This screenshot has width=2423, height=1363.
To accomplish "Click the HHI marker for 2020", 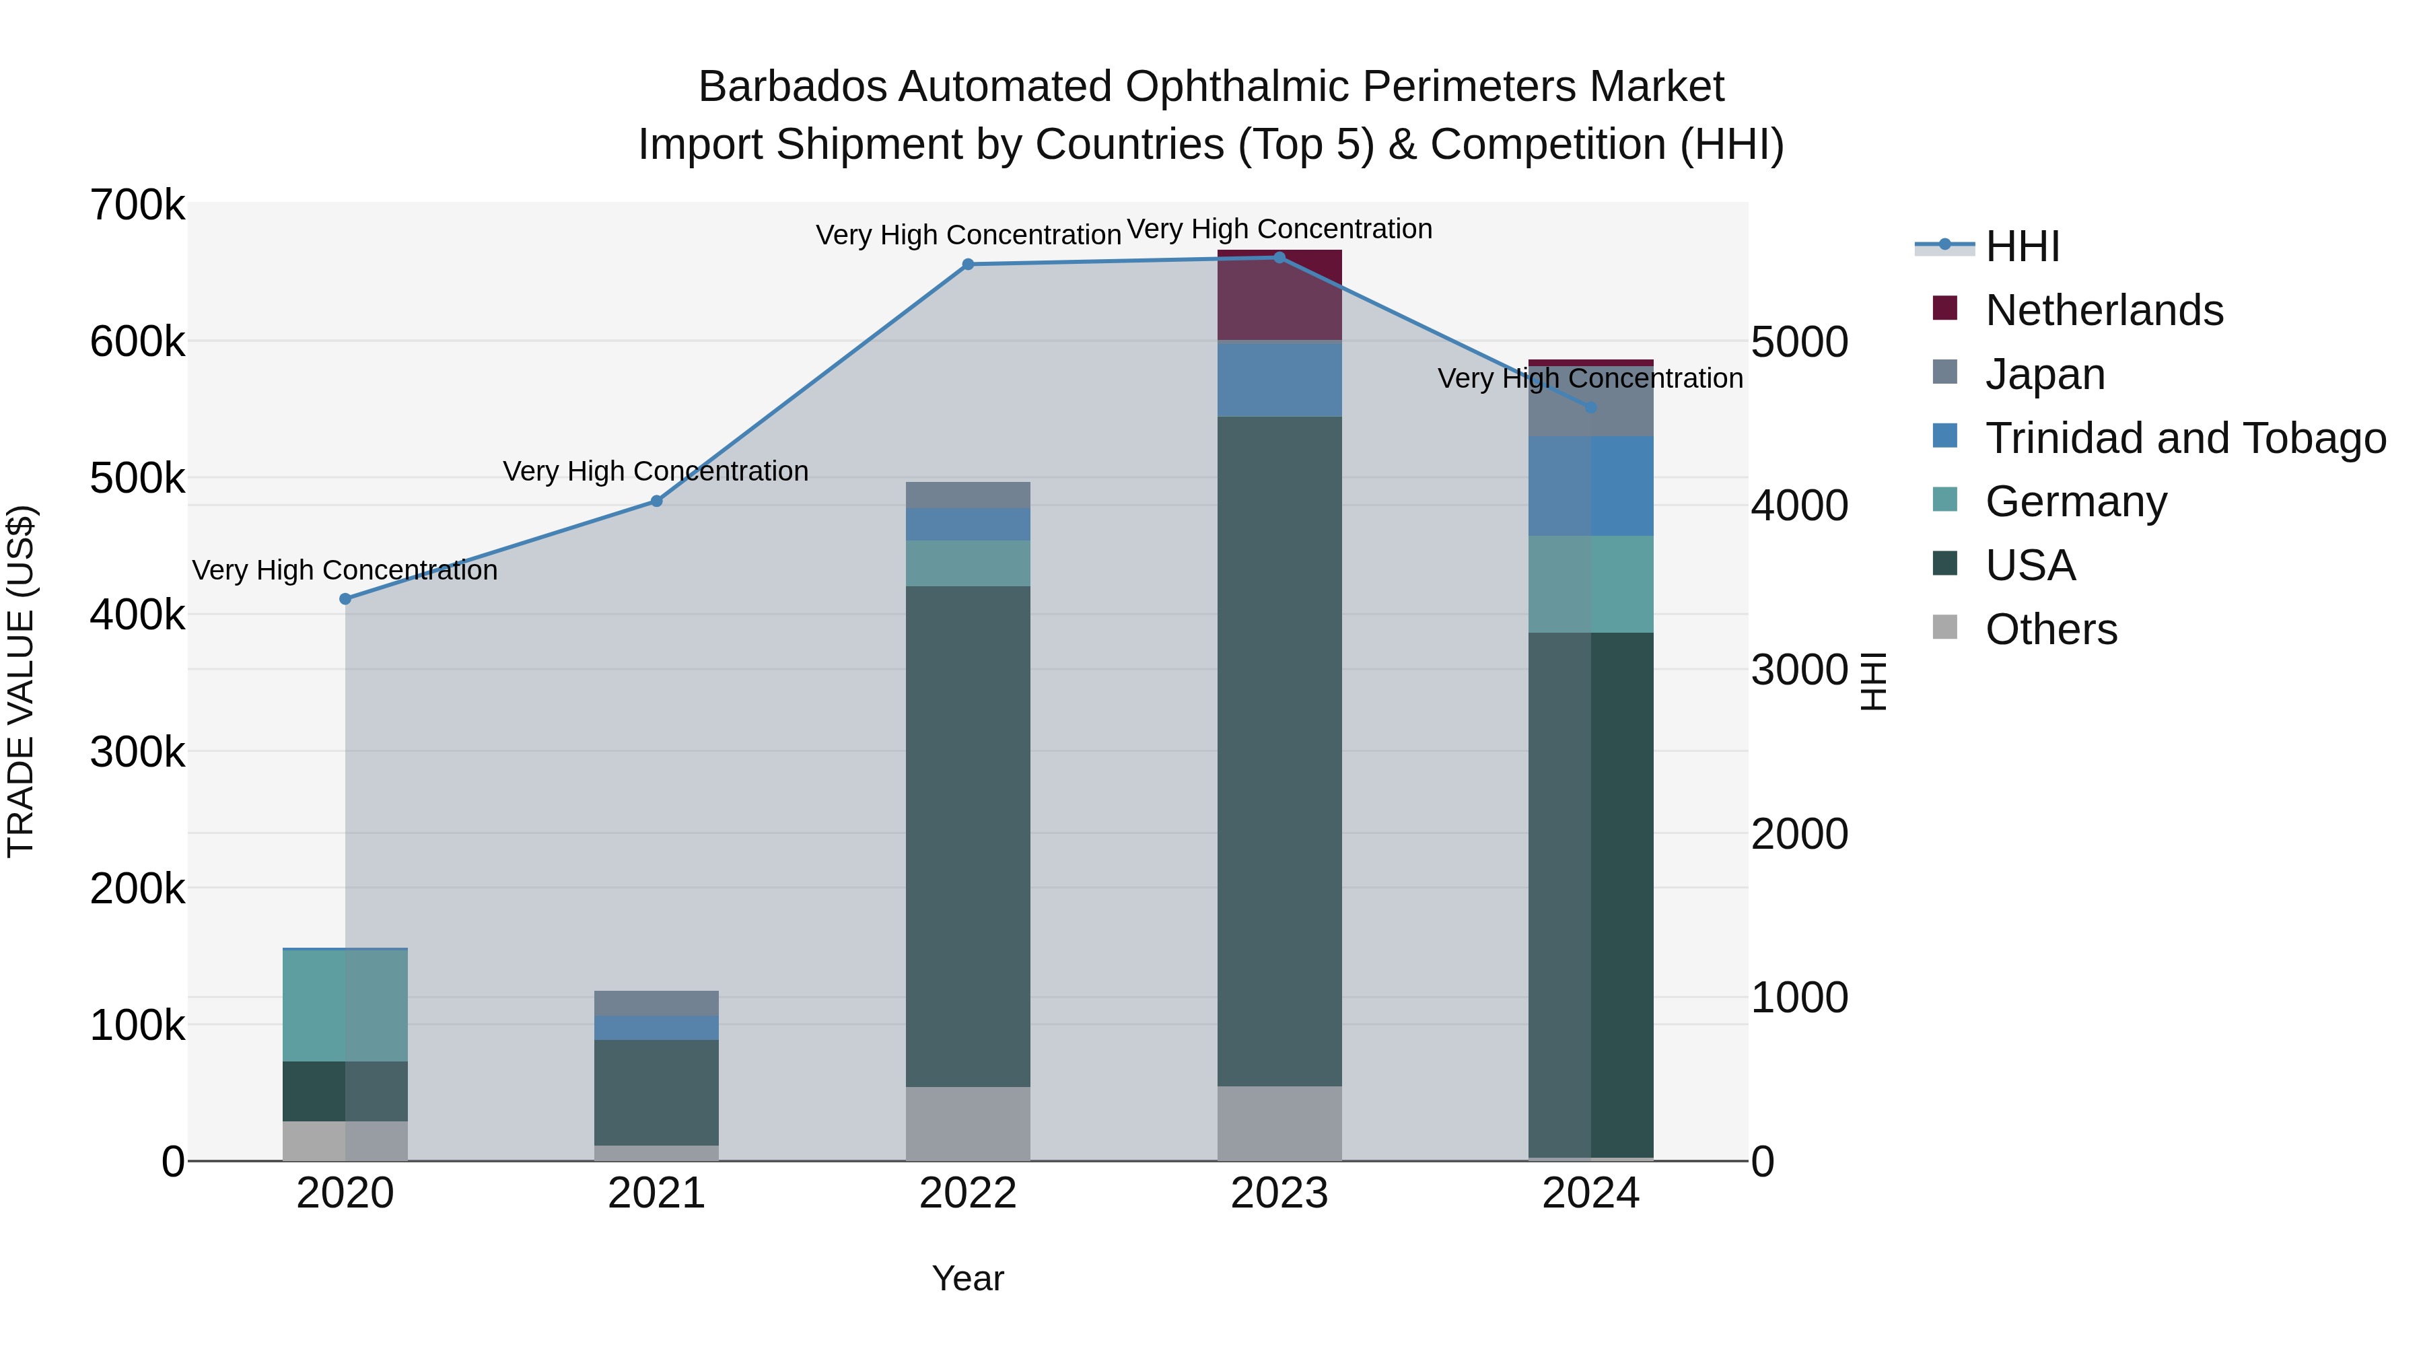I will click(345, 599).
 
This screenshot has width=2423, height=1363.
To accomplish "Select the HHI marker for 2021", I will click(656, 501).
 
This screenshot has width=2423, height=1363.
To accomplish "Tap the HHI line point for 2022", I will click(968, 265).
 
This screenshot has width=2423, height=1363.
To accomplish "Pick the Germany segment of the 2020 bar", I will click(345, 1006).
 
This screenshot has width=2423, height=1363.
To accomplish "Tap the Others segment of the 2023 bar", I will click(1279, 1123).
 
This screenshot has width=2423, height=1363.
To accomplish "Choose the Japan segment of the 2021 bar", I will click(656, 1003).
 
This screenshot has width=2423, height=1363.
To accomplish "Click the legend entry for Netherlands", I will click(2104, 310).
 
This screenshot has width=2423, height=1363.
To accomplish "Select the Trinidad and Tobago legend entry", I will click(2185, 438).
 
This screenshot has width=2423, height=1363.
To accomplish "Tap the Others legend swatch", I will click(1945, 629).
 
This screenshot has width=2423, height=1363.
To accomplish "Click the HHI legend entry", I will click(2023, 246).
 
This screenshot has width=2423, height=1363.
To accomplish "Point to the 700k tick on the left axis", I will click(137, 205).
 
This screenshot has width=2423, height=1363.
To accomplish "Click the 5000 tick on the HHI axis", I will click(1799, 343).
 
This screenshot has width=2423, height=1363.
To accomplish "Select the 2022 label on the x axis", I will click(968, 1193).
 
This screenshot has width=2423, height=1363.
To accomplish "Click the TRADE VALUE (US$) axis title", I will click(21, 681).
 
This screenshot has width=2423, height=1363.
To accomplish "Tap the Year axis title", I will click(968, 1278).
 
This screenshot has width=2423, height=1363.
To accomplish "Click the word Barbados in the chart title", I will click(792, 87).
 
